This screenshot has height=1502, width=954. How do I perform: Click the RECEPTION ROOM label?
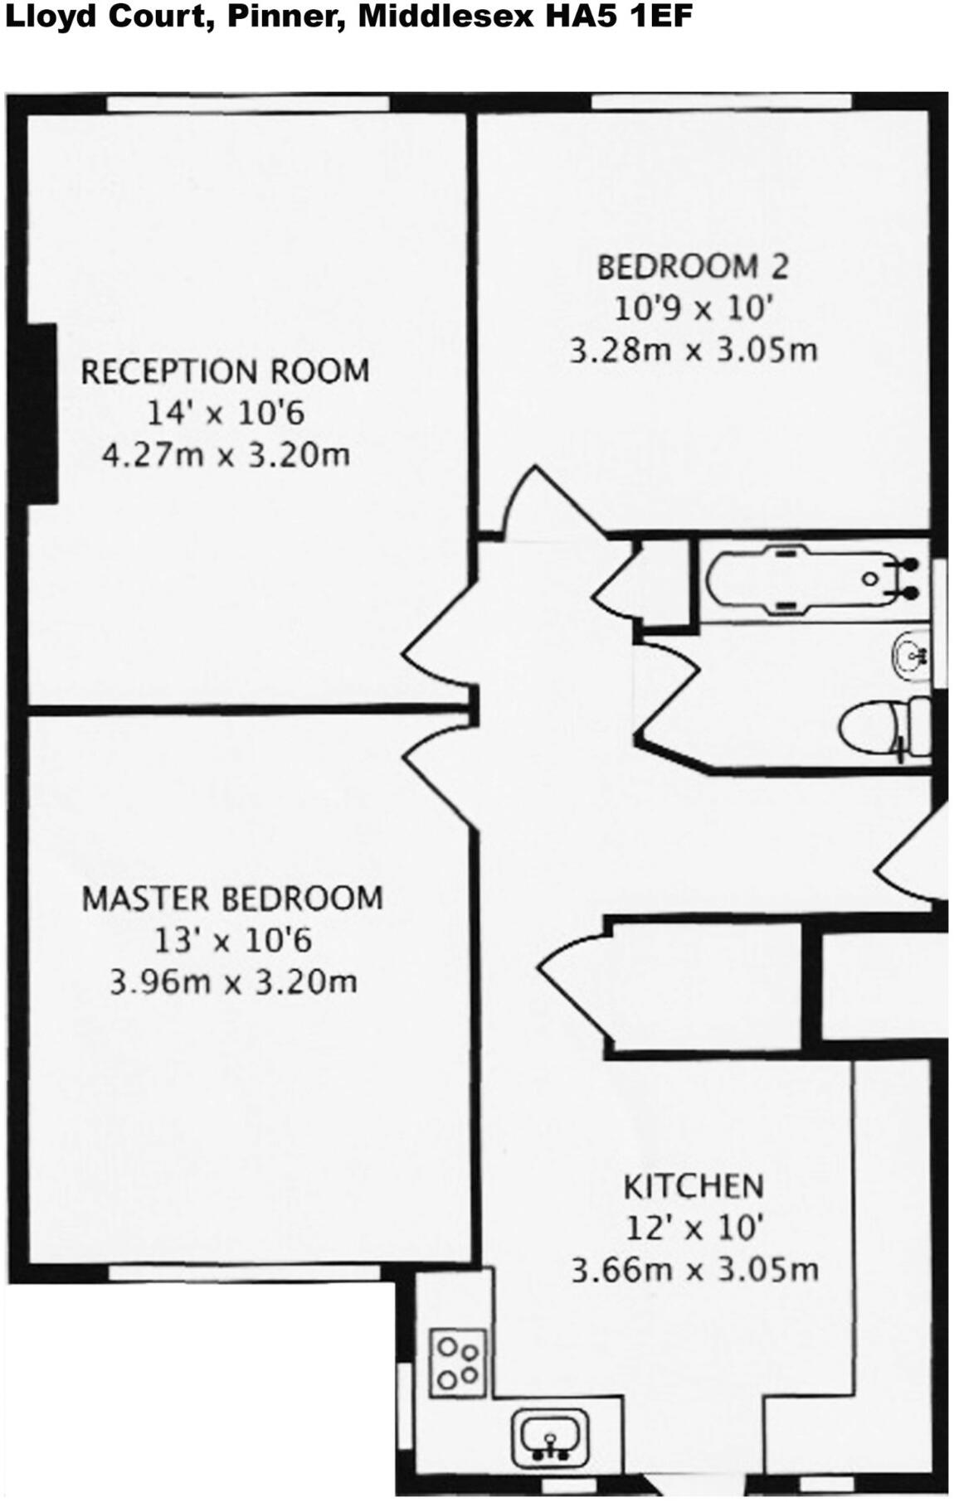pyautogui.click(x=225, y=371)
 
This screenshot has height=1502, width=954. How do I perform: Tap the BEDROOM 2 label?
pyautogui.click(x=692, y=267)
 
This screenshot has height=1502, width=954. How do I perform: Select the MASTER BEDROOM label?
pyautogui.click(x=232, y=899)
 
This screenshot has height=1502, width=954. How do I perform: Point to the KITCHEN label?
pyautogui.click(x=693, y=1186)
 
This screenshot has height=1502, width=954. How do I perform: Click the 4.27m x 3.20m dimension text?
pyautogui.click(x=225, y=455)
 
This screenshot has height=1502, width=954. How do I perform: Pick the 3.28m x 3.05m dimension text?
pyautogui.click(x=693, y=350)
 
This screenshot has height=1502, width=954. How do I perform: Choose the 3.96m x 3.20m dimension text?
pyautogui.click(x=233, y=982)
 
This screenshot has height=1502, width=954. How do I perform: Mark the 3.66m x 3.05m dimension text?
pyautogui.click(x=694, y=1269)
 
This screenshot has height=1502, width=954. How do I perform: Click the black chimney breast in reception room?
pyautogui.click(x=41, y=413)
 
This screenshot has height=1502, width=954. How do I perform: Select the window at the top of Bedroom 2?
pyautogui.click(x=720, y=102)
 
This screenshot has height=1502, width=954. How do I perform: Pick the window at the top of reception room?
pyautogui.click(x=249, y=103)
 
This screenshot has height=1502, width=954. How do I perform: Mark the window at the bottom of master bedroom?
pyautogui.click(x=245, y=1272)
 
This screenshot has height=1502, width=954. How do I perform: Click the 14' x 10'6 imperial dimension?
pyautogui.click(x=226, y=413)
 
